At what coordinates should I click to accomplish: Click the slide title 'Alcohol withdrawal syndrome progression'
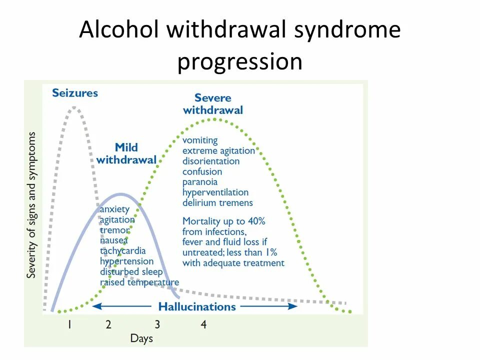pyautogui.click(x=240, y=46)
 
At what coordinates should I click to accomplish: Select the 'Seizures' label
pyautogui.click(x=75, y=93)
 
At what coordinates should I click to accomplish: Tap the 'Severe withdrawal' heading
pyautogui.click(x=213, y=104)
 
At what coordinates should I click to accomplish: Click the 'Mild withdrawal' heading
pyautogui.click(x=126, y=153)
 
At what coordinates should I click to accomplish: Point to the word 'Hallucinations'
pyautogui.click(x=197, y=306)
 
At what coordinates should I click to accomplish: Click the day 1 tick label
pyautogui.click(x=69, y=324)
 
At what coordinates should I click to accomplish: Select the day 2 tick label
pyautogui.click(x=108, y=324)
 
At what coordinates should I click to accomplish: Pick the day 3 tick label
pyautogui.click(x=157, y=324)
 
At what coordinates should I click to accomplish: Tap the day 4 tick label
pyautogui.click(x=203, y=324)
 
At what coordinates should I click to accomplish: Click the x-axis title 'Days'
pyautogui.click(x=141, y=338)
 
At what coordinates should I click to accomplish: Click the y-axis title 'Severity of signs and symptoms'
pyautogui.click(x=32, y=205)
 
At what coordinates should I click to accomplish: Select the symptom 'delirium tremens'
pyautogui.click(x=217, y=202)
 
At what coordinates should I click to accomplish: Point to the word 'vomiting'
pyautogui.click(x=200, y=140)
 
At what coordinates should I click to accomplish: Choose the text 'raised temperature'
pyautogui.click(x=139, y=282)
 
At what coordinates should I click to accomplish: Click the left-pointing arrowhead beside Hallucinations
pyautogui.click(x=96, y=306)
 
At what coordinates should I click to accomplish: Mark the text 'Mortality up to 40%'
pyautogui.click(x=223, y=220)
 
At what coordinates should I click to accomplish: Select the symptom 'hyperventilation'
pyautogui.click(x=215, y=192)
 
